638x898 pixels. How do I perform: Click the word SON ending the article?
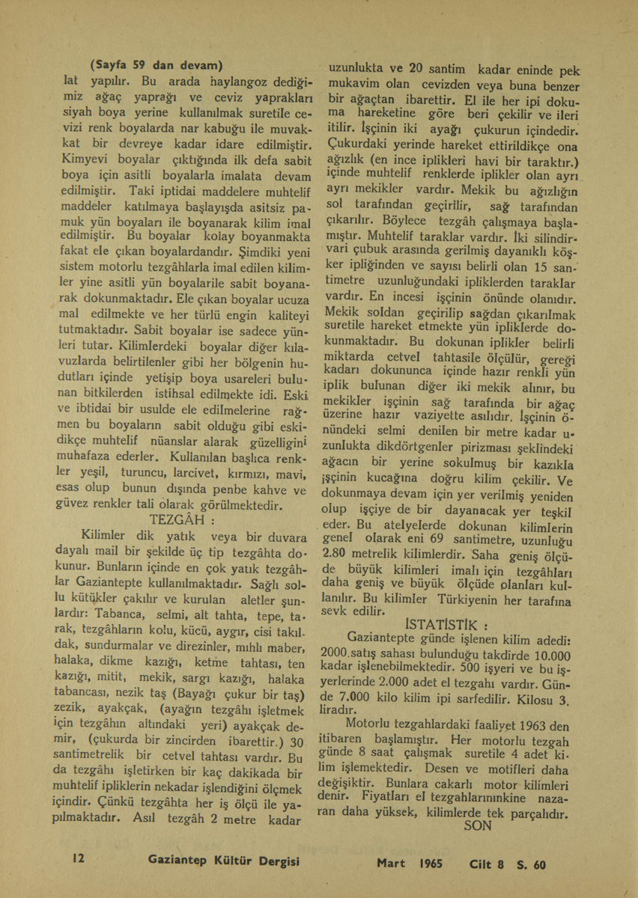tap(478, 827)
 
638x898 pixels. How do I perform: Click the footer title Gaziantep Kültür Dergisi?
tap(225, 863)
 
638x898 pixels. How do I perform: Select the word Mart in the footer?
tap(391, 863)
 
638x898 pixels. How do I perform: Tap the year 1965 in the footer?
tap(432, 863)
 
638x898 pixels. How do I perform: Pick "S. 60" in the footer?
tap(532, 864)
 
